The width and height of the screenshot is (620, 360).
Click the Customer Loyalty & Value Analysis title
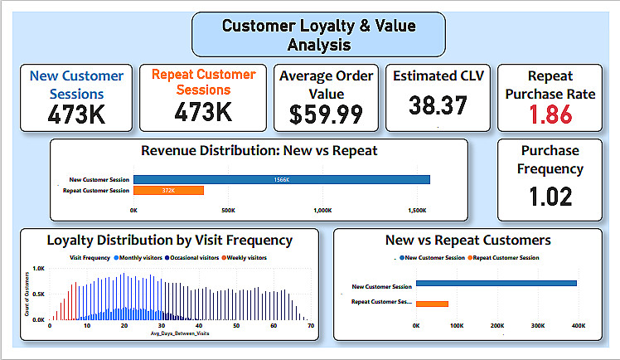click(318, 34)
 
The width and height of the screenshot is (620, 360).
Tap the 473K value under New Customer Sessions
click(76, 114)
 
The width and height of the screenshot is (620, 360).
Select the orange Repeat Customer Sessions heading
click(203, 82)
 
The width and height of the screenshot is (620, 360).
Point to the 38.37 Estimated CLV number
click(438, 105)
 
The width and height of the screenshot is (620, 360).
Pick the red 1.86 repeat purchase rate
click(550, 114)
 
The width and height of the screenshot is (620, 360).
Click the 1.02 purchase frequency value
click(550, 197)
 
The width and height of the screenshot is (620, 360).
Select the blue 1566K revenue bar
click(282, 179)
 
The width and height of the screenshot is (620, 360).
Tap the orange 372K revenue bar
click(168, 191)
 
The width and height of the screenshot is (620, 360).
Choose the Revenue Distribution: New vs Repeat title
click(259, 151)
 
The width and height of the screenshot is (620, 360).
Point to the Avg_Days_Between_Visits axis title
click(177, 335)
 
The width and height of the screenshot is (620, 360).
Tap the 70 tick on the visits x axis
click(310, 326)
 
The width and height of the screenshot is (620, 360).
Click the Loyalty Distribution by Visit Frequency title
click(170, 241)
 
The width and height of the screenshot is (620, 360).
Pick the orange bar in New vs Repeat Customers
click(432, 304)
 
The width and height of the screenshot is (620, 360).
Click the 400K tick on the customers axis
click(578, 326)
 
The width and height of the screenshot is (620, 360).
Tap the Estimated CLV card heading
click(438, 76)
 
